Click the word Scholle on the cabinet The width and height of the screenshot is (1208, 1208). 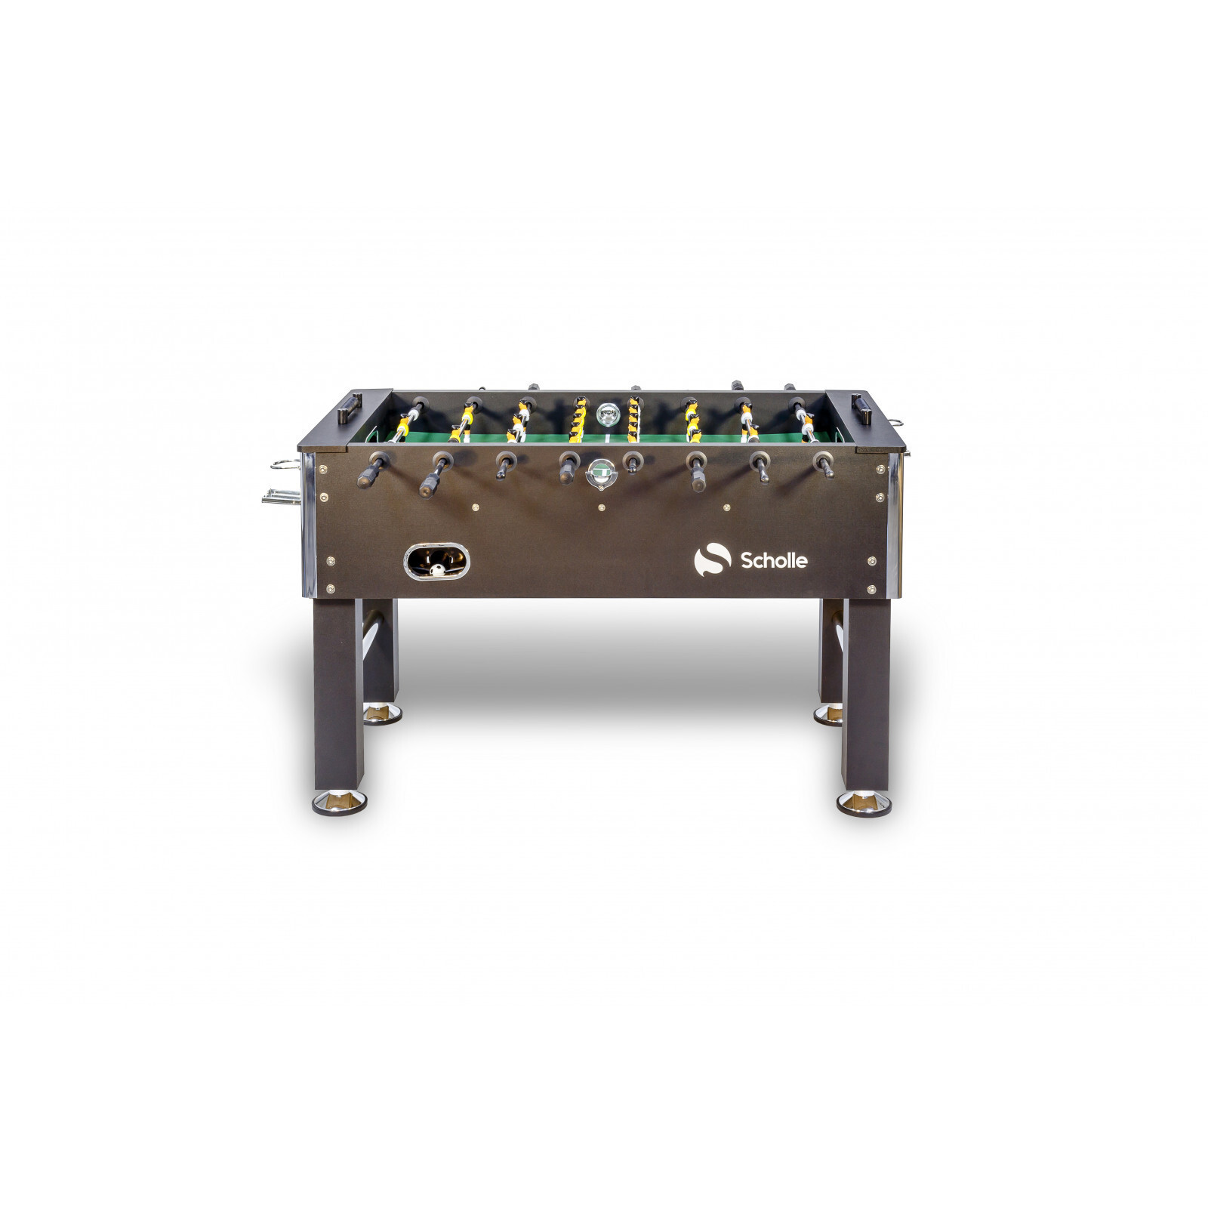coord(774,560)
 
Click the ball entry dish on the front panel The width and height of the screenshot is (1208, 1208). coord(601,473)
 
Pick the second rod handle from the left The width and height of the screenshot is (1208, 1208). coord(433,474)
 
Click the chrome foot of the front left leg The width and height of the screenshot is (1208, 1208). coord(339,802)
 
